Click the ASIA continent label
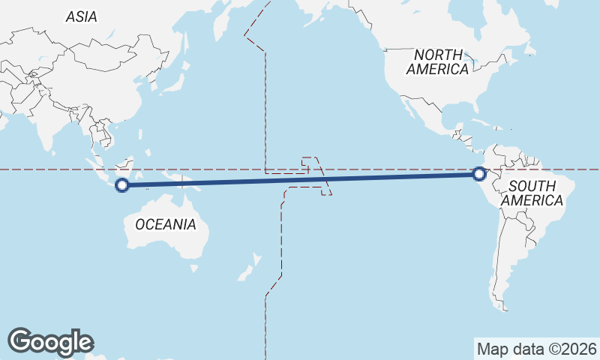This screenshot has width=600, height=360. (x=81, y=16)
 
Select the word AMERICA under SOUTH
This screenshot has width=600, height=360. (x=532, y=201)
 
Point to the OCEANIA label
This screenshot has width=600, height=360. (x=166, y=224)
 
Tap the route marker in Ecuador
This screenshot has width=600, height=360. (x=479, y=174)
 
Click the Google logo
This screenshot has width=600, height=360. (x=50, y=342)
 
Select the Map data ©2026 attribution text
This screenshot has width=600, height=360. (x=537, y=349)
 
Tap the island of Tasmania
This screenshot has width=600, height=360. (x=194, y=267)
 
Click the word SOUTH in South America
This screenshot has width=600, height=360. (x=532, y=186)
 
